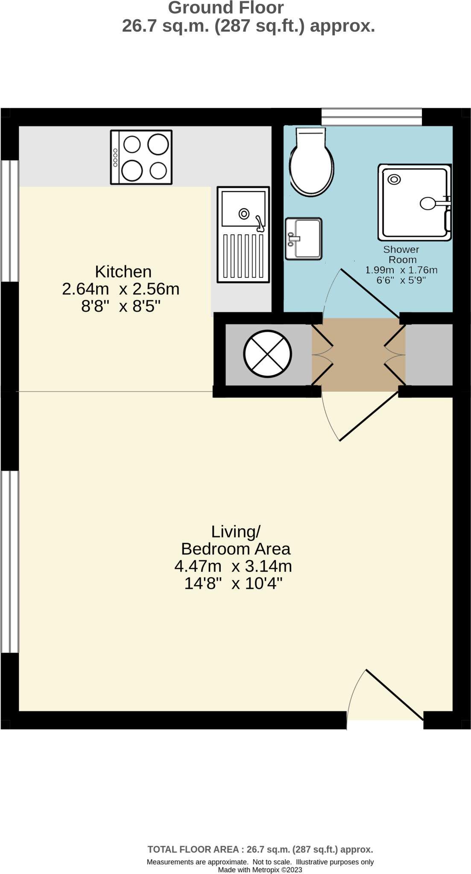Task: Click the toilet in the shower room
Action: click(x=311, y=162)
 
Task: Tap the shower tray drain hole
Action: click(x=394, y=179)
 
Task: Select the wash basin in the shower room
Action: click(x=304, y=239)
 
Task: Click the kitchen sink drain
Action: click(x=244, y=213)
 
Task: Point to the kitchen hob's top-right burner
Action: click(x=158, y=144)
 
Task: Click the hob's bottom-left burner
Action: click(x=132, y=171)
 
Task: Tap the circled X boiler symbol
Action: click(x=267, y=354)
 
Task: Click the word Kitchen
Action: click(x=123, y=271)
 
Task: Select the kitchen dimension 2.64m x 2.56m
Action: click(x=121, y=289)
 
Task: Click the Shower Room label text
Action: click(x=401, y=254)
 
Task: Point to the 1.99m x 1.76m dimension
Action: click(x=401, y=270)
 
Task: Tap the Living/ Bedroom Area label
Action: click(x=236, y=540)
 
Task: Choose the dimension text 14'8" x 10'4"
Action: click(x=234, y=583)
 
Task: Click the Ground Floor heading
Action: click(x=226, y=8)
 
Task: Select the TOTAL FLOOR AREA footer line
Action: click(x=260, y=849)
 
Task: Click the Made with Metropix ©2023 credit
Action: click(x=260, y=870)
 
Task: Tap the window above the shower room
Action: click(x=372, y=117)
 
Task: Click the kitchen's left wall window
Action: click(x=9, y=221)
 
